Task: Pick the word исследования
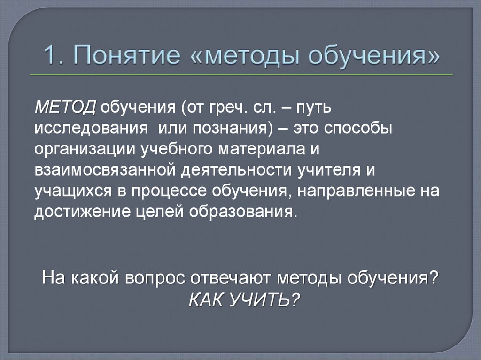pos(88,129)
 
